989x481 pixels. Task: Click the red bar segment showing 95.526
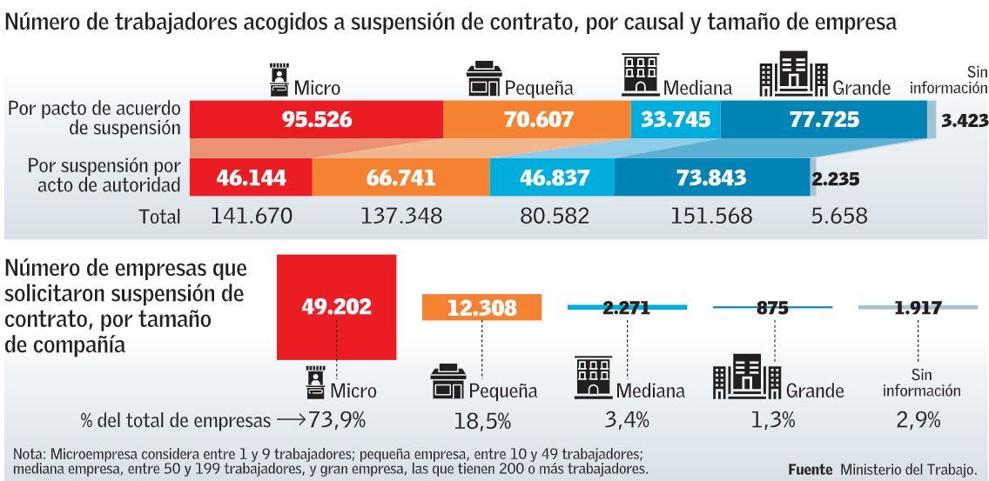[x=316, y=119]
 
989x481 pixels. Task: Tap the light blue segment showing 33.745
[x=676, y=119]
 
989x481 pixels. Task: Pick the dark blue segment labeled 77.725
[x=824, y=119]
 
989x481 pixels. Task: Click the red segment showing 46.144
[x=251, y=178]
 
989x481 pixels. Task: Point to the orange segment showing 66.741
[x=400, y=178]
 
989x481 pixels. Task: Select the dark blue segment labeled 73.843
[x=711, y=178]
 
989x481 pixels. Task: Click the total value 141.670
[x=251, y=216]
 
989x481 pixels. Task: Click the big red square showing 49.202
[x=336, y=307]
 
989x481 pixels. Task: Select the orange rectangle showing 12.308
[x=481, y=307]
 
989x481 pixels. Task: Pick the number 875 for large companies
[x=772, y=307]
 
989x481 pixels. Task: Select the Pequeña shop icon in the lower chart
[x=448, y=384]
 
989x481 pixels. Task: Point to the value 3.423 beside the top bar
[x=965, y=121]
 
